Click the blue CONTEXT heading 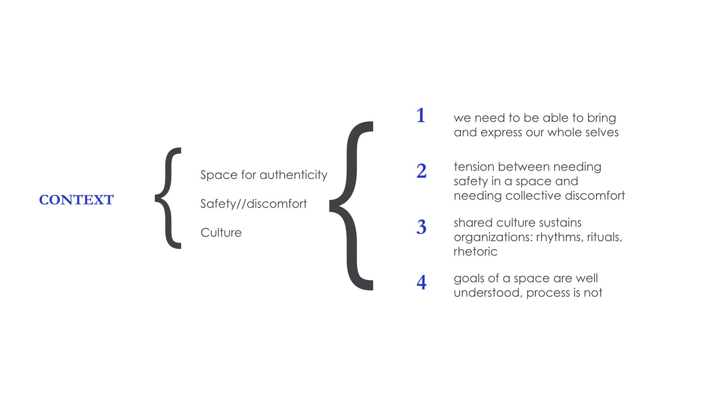point(76,200)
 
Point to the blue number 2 point(422,171)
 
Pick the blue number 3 point(422,227)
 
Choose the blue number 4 point(422,283)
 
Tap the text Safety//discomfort point(253,204)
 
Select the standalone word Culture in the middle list point(221,233)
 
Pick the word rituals point(605,237)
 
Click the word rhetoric point(476,251)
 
